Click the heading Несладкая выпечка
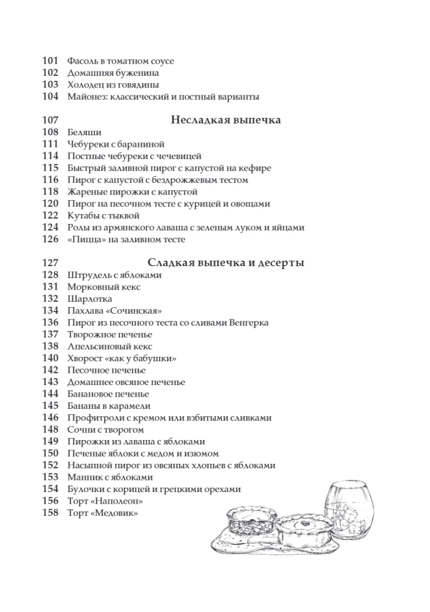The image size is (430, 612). [225, 120]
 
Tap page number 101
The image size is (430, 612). [50, 61]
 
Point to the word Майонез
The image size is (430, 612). [84, 97]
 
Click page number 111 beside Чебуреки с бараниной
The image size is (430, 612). [50, 144]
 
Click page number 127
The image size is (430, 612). [50, 263]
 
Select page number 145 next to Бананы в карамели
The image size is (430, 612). [50, 406]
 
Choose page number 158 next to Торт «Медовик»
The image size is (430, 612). [50, 513]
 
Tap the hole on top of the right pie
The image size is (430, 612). [304, 521]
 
